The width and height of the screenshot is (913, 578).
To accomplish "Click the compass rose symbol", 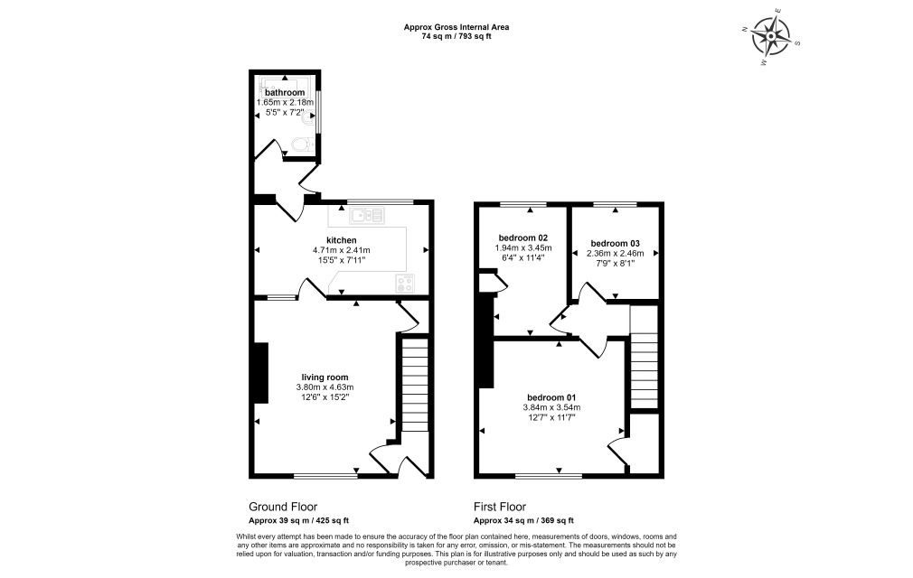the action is (x=771, y=37).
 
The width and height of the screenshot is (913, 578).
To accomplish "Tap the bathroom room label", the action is (x=285, y=92).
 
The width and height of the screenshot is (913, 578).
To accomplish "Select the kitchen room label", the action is (x=341, y=240).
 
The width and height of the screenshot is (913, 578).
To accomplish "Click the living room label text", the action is (x=325, y=378).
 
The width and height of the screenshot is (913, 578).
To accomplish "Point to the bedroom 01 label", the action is (x=551, y=397).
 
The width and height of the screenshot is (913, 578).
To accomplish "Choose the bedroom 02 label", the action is (x=523, y=238).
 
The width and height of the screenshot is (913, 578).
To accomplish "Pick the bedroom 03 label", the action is (x=615, y=244).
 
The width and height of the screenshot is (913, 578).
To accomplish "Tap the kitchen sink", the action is (x=367, y=216).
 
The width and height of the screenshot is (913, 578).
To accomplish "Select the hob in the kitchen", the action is (x=405, y=284).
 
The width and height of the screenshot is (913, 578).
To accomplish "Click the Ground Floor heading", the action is (x=283, y=507).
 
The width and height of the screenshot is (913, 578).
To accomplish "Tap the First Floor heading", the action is (x=500, y=507).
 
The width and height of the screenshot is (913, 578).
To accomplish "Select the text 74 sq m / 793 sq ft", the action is (x=456, y=36).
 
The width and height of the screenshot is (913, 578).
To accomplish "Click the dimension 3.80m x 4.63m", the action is (x=325, y=387).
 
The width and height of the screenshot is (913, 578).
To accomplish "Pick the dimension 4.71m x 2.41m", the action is (x=341, y=250).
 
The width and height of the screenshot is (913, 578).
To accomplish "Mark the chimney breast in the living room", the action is (x=261, y=373).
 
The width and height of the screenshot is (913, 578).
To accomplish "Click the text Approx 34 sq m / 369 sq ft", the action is (x=523, y=520).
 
